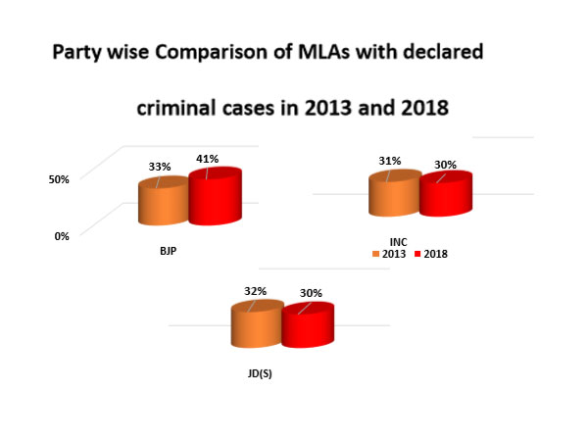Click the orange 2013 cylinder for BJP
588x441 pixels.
(163, 203)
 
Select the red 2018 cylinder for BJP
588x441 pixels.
(215, 200)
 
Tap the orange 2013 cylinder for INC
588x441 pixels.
(393, 195)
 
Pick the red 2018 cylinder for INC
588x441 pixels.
(445, 194)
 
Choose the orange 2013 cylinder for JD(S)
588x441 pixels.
(256, 326)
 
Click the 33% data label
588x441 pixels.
(160, 168)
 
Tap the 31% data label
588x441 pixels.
(390, 161)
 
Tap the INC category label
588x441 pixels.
(397, 241)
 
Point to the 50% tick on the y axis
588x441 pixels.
(60, 180)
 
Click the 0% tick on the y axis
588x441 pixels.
(63, 235)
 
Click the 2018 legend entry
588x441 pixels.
(431, 254)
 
